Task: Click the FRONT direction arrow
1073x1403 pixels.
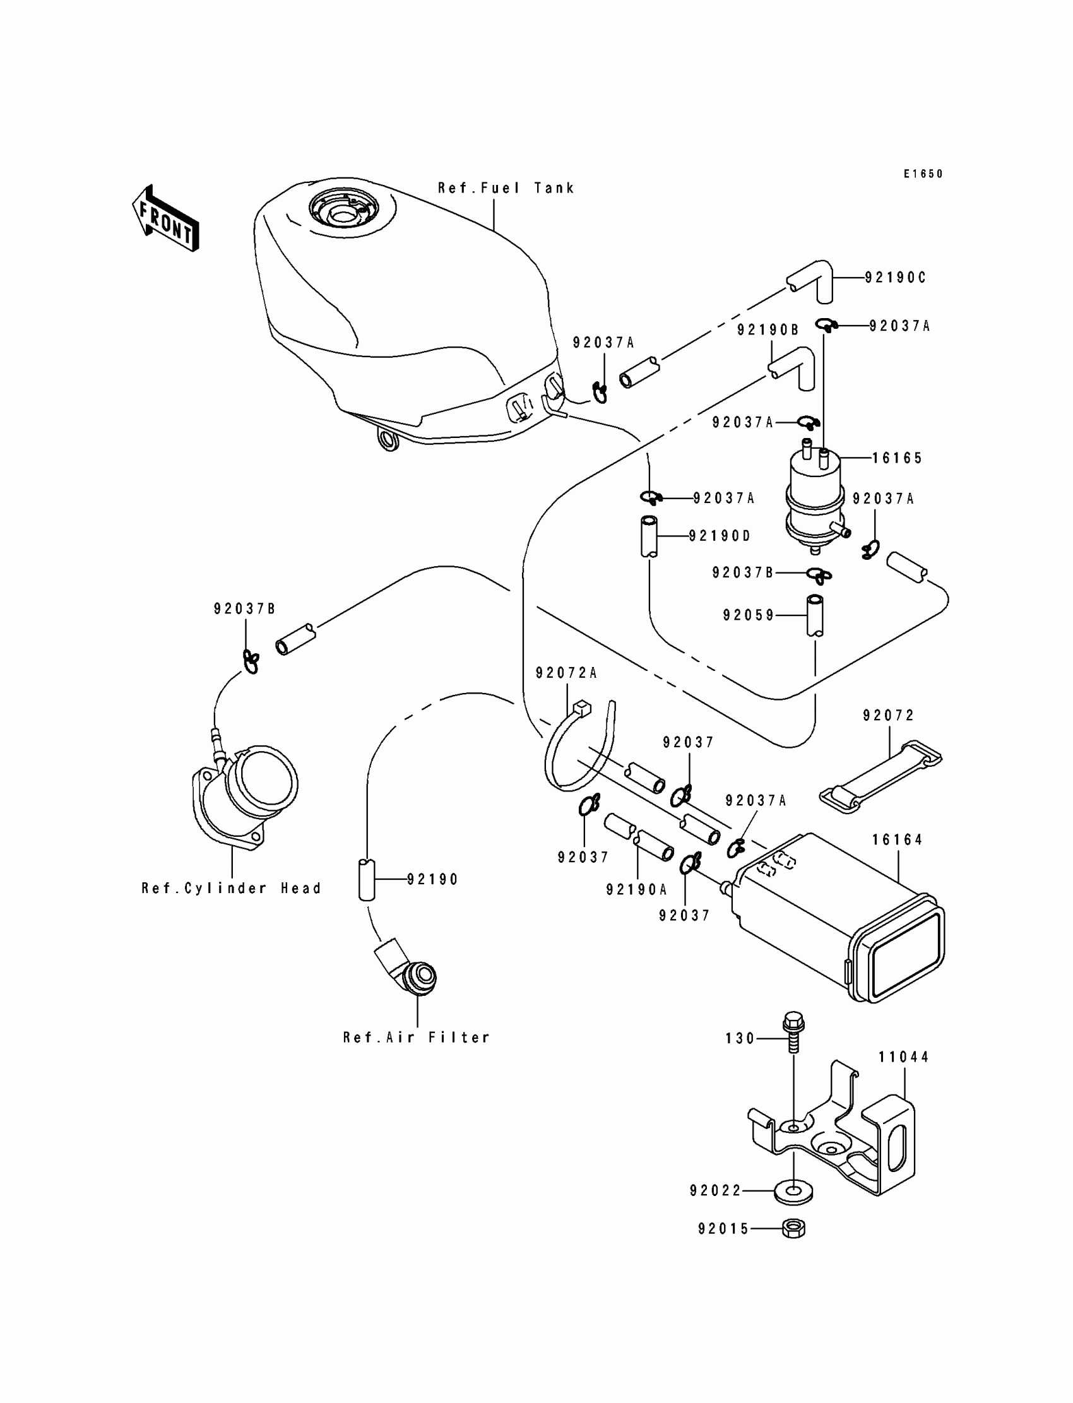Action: pos(165,218)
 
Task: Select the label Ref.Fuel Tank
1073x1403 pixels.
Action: pos(506,188)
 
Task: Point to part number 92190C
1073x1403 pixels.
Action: pos(896,278)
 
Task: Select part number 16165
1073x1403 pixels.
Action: pos(898,458)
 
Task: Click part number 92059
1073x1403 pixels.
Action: pos(749,615)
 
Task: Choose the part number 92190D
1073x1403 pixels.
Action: pos(720,536)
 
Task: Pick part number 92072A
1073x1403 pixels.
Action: pos(567,673)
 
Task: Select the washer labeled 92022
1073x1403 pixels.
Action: pos(794,1192)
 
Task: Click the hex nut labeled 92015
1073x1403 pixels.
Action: pos(793,1228)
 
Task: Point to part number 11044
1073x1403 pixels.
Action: pos(904,1057)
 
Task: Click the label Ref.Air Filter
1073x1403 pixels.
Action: pos(417,1038)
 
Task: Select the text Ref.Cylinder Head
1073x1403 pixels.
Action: pos(231,888)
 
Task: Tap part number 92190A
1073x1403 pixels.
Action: pos(637,889)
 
